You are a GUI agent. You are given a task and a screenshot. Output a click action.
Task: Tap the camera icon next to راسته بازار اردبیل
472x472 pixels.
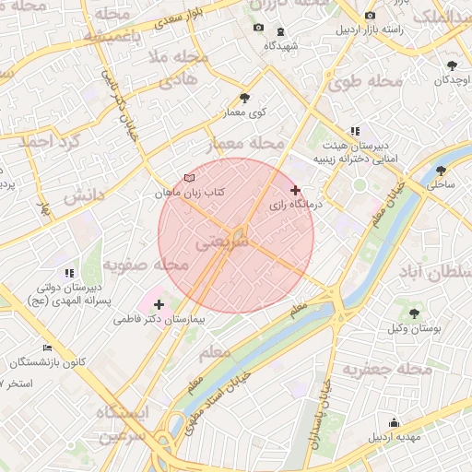[371, 16]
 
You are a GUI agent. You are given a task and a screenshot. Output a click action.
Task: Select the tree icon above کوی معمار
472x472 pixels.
[244, 96]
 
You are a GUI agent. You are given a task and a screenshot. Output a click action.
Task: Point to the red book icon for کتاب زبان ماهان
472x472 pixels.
[190, 176]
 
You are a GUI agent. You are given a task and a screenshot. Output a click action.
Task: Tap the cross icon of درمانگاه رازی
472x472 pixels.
[295, 190]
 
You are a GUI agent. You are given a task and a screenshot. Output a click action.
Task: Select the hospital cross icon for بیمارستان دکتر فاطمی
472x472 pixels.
[159, 303]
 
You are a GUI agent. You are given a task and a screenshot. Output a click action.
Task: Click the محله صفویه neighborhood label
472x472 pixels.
[146, 265]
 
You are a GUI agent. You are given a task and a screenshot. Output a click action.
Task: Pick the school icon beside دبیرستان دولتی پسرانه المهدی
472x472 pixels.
[69, 273]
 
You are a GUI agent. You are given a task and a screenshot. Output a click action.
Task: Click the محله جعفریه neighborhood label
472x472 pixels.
[387, 370]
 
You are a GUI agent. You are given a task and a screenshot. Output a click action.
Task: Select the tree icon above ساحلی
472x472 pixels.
[441, 171]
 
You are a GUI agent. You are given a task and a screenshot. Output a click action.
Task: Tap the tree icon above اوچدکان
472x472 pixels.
[452, 65]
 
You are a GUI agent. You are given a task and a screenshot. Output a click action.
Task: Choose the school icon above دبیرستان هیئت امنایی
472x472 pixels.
[355, 131]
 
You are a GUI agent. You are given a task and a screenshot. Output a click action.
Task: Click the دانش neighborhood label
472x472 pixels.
[81, 196]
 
